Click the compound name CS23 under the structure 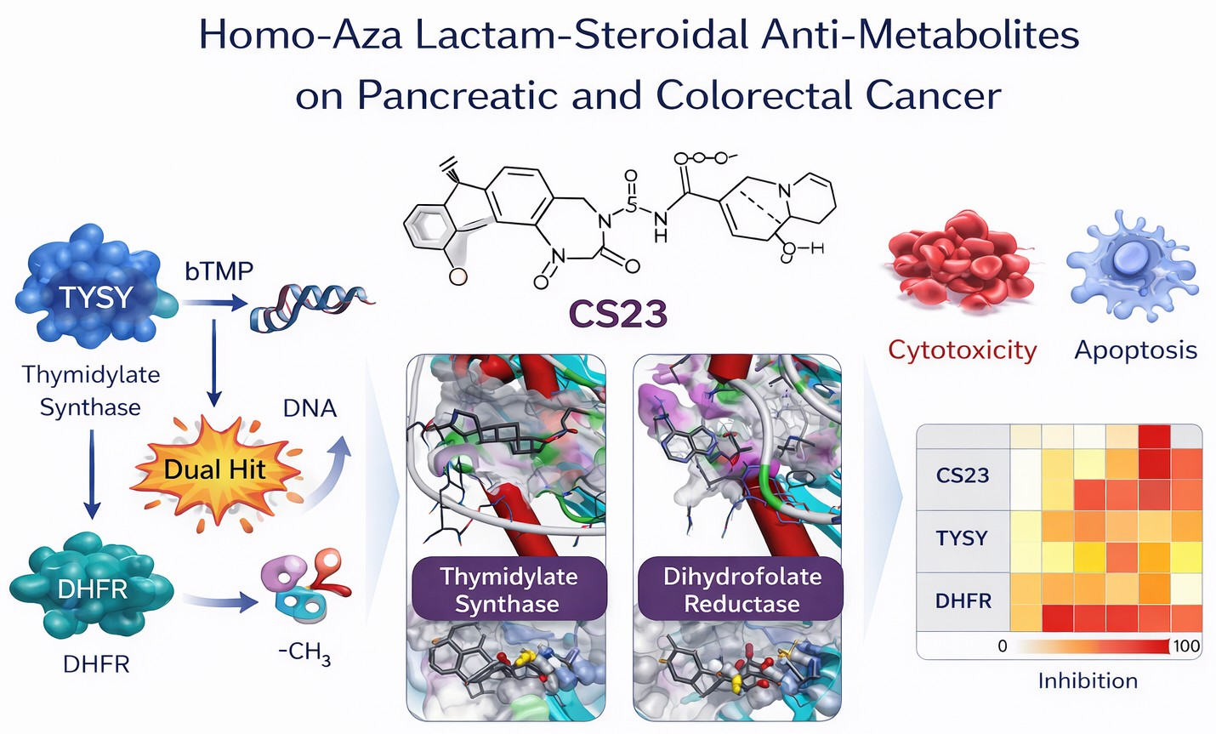(x=617, y=314)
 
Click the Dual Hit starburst (x=214, y=469)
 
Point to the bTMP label (x=219, y=271)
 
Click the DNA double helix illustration (x=310, y=307)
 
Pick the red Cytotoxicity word (x=962, y=350)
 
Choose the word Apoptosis (x=1135, y=350)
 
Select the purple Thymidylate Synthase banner (x=509, y=589)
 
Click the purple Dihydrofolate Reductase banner (x=742, y=589)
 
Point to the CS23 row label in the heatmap (x=962, y=475)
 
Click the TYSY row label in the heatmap (x=962, y=538)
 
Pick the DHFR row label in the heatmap (x=963, y=600)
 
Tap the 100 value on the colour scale (x=1186, y=646)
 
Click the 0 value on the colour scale (x=1002, y=646)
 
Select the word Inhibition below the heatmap (x=1087, y=680)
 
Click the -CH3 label (x=304, y=653)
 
